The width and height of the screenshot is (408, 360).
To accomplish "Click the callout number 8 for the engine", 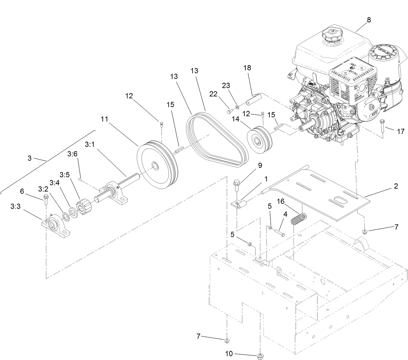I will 369,20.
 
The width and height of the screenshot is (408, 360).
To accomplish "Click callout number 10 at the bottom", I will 229,354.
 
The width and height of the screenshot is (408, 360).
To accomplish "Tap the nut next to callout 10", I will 259,356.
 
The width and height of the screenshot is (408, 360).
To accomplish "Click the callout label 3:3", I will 16,206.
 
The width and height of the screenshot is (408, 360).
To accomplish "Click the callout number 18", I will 247,68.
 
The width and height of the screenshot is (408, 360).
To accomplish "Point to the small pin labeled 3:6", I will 80,178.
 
